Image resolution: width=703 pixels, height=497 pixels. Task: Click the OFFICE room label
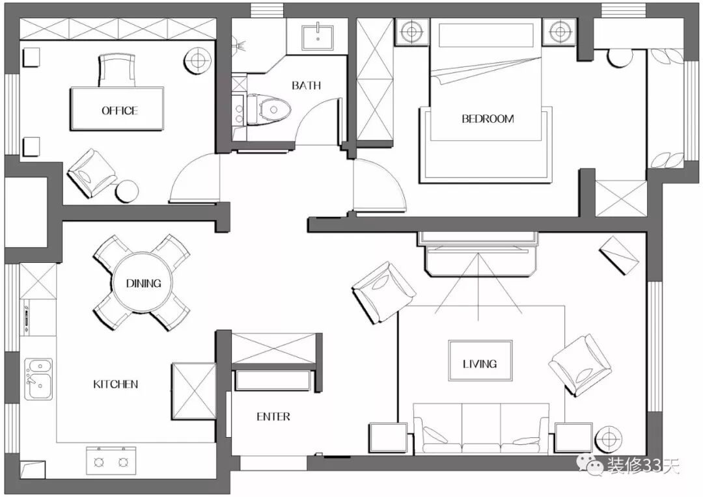[119, 111]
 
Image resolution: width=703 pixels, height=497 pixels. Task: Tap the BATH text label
[306, 85]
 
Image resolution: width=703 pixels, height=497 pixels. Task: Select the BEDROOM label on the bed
[488, 119]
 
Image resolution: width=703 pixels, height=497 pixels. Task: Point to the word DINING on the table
[143, 283]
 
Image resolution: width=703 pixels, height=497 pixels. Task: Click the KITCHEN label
[116, 384]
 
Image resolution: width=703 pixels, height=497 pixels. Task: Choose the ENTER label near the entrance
[273, 417]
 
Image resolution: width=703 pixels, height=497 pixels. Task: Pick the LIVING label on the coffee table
[480, 364]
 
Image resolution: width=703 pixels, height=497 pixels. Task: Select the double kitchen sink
[38, 379]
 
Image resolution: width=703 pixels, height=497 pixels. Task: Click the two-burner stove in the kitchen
[111, 461]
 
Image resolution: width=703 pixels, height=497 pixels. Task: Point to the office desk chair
[117, 70]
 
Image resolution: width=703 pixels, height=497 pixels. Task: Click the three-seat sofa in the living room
[482, 429]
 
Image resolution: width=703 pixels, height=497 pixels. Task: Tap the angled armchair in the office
[92, 172]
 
